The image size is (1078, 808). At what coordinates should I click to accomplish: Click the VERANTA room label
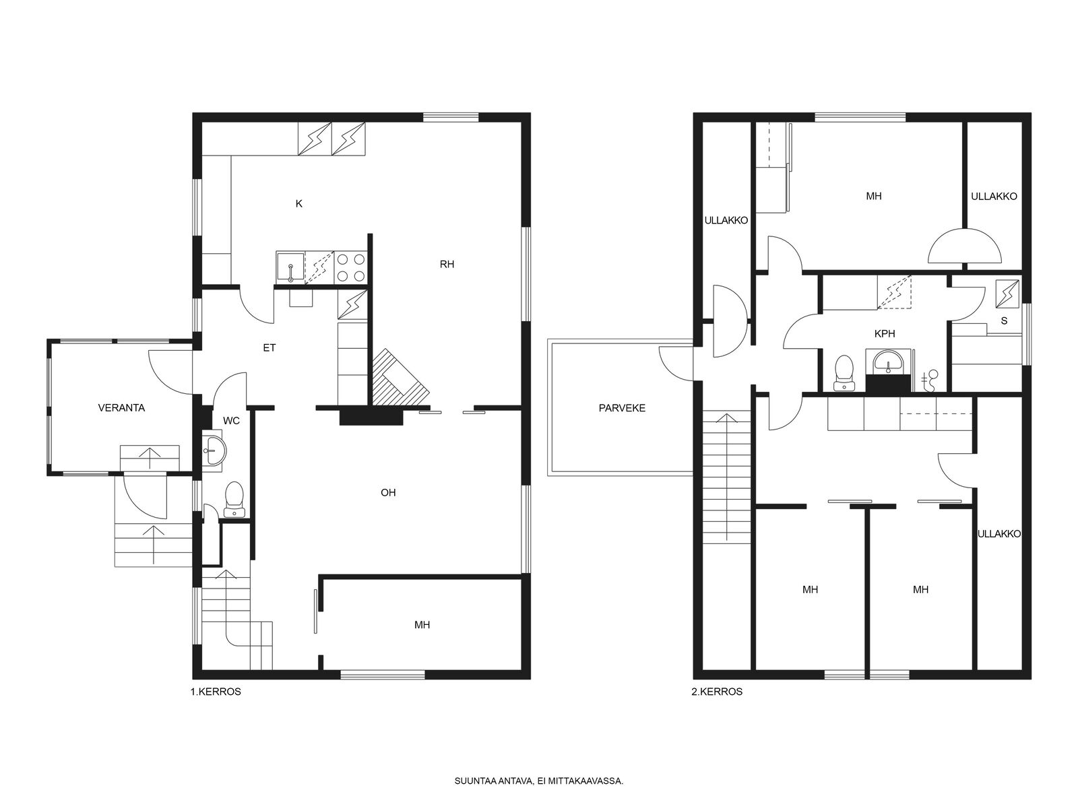[x=121, y=407]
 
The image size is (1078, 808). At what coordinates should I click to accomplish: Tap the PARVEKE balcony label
[x=622, y=407]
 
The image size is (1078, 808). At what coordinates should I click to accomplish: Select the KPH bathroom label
[x=885, y=334]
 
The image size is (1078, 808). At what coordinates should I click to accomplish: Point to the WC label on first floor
[x=231, y=421]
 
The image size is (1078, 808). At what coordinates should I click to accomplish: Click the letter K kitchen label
[x=299, y=203]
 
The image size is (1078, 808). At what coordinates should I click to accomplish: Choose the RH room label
[x=447, y=265]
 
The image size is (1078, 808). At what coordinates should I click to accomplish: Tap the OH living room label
[x=388, y=493]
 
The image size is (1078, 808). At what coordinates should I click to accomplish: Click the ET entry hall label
[x=269, y=348]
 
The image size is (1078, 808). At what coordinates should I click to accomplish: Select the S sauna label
[x=1004, y=321]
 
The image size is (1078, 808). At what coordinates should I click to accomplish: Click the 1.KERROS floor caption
[x=216, y=692]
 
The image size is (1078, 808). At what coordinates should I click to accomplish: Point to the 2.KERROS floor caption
[x=717, y=692]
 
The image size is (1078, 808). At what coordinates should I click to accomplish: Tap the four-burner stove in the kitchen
[x=350, y=267]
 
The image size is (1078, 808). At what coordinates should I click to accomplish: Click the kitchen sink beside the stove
[x=290, y=267]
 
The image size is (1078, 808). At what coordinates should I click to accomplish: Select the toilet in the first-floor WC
[x=234, y=499]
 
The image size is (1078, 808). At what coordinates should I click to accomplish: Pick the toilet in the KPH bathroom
[x=844, y=373]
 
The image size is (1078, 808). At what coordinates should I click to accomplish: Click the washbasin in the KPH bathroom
[x=887, y=362]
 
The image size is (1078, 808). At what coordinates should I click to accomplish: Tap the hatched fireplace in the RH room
[x=400, y=378]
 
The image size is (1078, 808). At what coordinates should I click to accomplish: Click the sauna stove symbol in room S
[x=1007, y=294]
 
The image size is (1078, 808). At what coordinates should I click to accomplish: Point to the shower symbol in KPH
[x=930, y=380]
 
